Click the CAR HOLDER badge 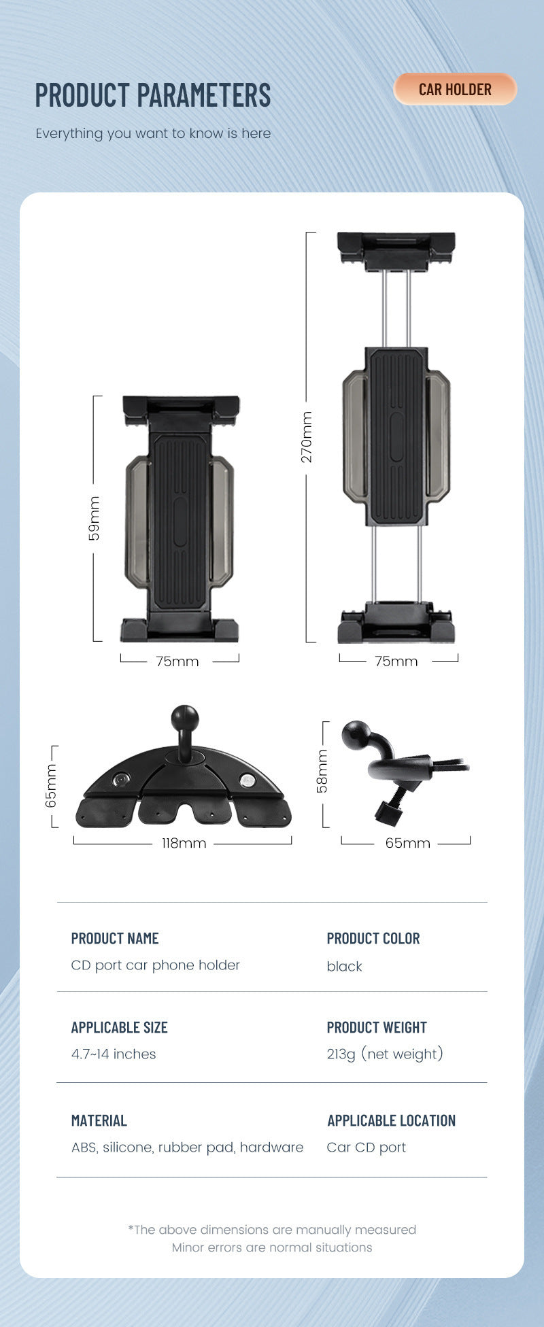[x=455, y=89]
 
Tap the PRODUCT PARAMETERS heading [x=153, y=95]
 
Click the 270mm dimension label [x=307, y=436]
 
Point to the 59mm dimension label [x=95, y=518]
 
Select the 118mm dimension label [x=184, y=843]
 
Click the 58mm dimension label [x=322, y=771]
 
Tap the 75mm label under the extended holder [x=396, y=661]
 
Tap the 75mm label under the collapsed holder [x=177, y=661]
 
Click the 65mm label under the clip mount [x=407, y=843]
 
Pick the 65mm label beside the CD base [x=51, y=786]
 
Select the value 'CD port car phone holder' [x=156, y=965]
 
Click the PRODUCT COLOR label [x=373, y=938]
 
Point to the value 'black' [x=345, y=966]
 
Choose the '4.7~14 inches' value [x=114, y=1054]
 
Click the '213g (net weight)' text [x=385, y=1054]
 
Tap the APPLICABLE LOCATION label [x=392, y=1120]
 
